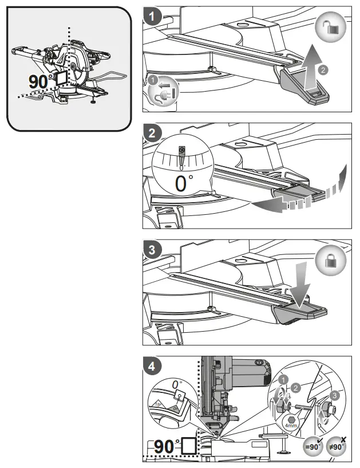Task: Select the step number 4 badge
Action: coord(152,364)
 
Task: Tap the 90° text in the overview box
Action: coord(39,81)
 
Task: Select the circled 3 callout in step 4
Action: coord(335,395)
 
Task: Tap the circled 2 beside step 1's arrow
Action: coord(323,69)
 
